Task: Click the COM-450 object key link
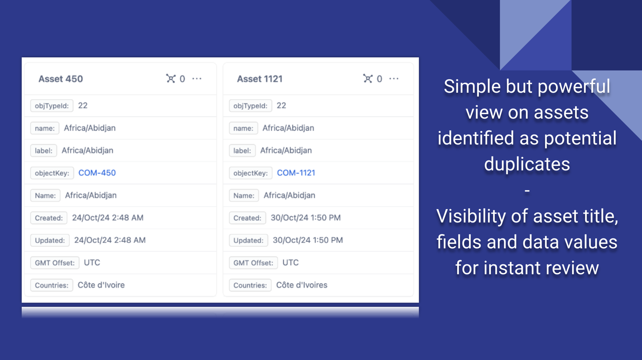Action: point(97,173)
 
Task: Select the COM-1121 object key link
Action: point(296,173)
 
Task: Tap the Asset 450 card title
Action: point(61,79)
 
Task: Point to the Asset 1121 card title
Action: point(260,79)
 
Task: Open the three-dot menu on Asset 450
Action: point(197,78)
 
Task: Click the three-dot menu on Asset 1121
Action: point(394,78)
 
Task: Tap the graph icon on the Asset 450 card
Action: point(171,78)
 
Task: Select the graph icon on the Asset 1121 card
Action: point(368,78)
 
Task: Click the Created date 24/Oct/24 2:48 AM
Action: point(108,218)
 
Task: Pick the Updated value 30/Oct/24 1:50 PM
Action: point(308,240)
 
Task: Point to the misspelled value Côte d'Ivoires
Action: point(302,285)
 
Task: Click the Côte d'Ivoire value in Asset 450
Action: point(101,285)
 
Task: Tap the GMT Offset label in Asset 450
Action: point(55,263)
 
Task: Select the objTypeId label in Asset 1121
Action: point(250,106)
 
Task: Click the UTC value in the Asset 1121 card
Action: point(290,262)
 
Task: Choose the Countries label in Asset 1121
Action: point(250,285)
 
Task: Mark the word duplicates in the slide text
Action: point(527,164)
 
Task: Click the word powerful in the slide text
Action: point(574,87)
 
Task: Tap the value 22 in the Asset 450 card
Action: point(82,106)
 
